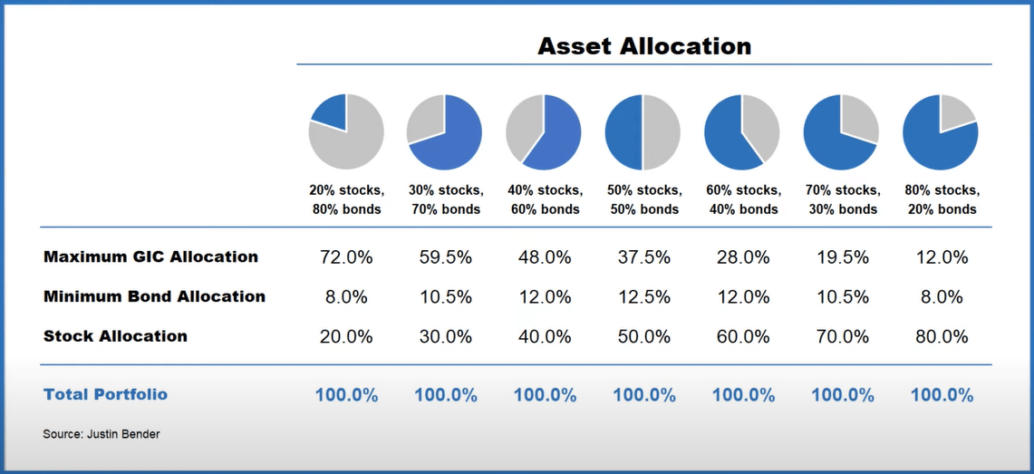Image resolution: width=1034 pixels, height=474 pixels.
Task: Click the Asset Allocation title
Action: pos(644,45)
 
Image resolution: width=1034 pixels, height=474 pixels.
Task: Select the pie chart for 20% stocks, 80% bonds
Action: pos(346,131)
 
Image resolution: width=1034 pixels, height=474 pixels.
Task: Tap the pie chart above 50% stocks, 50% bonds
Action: pos(643,131)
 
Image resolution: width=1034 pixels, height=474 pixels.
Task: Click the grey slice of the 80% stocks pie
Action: pos(955,112)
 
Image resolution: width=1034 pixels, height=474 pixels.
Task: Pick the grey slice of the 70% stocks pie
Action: pos(859,118)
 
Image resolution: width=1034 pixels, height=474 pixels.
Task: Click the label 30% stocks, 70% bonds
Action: pos(445,199)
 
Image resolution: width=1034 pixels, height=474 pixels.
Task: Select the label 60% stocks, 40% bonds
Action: pos(742,199)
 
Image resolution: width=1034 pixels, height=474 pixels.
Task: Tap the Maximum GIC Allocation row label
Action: pos(150,256)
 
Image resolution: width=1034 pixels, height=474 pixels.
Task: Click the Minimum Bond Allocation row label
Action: pos(154,296)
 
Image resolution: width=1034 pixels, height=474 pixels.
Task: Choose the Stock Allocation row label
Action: pos(115,336)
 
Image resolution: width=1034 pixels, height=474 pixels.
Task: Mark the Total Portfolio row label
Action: pos(105,394)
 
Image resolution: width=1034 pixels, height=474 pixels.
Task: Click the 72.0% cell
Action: pos(346,257)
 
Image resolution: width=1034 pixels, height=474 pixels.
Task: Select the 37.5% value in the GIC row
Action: pos(643,257)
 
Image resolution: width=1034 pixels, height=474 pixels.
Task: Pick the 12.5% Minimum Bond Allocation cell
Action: pos(643,297)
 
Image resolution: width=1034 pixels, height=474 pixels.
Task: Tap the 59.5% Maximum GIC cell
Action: pos(445,257)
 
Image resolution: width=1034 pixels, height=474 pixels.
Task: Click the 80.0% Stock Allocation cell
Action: pos(941,337)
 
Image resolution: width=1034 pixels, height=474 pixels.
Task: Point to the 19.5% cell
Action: pos(842,257)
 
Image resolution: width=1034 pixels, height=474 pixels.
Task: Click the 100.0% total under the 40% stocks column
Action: pos(545,395)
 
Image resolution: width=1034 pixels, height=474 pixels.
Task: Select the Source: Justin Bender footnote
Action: pos(101,434)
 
